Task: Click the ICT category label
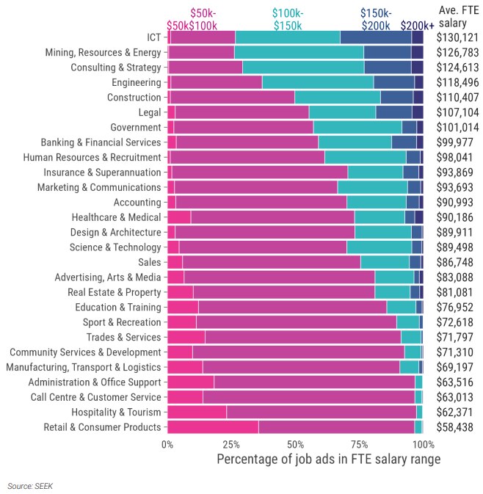(x=153, y=37)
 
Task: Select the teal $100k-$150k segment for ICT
(x=288, y=37)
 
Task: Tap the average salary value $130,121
(x=457, y=37)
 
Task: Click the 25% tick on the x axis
(x=231, y=445)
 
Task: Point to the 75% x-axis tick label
(x=360, y=445)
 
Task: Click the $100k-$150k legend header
(x=288, y=20)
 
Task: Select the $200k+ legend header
(x=417, y=26)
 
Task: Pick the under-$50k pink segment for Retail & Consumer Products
(x=213, y=427)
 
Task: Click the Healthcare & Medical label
(x=116, y=217)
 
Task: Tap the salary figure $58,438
(x=454, y=427)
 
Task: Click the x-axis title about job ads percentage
(x=329, y=460)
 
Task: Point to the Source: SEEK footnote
(x=30, y=486)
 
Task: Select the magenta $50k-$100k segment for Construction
(x=233, y=97)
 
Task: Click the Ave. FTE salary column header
(x=459, y=16)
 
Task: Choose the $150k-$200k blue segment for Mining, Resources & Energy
(x=388, y=52)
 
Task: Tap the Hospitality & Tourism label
(x=116, y=412)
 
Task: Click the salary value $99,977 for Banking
(x=454, y=142)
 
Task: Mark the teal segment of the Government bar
(x=357, y=127)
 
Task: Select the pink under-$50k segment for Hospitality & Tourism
(x=197, y=412)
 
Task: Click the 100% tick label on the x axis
(x=424, y=445)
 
